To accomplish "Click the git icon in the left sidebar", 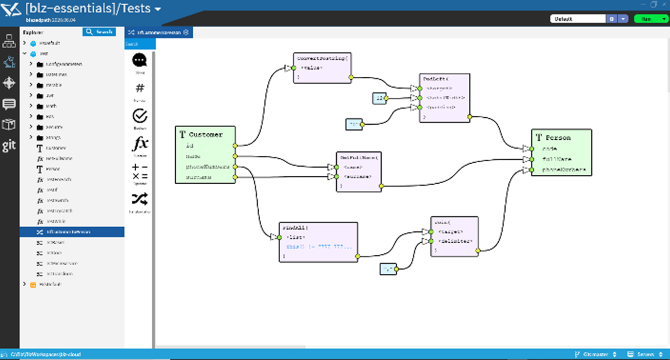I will (9, 146).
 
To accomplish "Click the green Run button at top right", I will (651, 19).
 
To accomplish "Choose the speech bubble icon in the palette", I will (140, 60).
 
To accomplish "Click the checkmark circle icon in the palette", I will (140, 116).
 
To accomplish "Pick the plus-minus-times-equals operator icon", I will (140, 171).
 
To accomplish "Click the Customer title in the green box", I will (205, 134).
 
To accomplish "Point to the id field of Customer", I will (189, 146).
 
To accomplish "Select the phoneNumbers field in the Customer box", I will (207, 167).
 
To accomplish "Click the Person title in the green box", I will (558, 138).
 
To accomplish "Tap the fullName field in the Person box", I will (557, 159).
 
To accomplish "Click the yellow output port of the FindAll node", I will (358, 256).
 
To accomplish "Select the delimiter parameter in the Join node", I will (457, 241).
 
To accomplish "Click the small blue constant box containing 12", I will (379, 98).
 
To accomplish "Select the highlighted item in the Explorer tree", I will (72, 231).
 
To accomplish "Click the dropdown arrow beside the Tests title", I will (158, 9).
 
